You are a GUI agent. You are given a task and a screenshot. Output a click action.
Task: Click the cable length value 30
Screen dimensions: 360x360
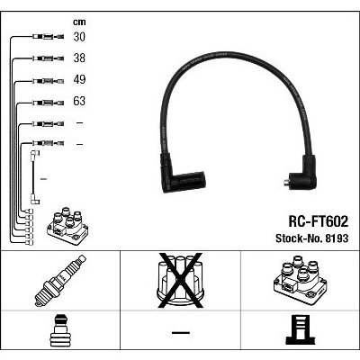coord(79,37)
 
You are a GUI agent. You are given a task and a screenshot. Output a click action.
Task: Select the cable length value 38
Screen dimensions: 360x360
coord(79,58)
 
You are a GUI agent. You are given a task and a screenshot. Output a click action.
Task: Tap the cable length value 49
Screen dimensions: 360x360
coord(79,79)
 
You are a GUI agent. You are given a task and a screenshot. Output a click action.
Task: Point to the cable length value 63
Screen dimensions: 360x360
coord(79,101)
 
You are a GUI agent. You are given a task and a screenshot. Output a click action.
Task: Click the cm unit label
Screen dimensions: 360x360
coord(79,22)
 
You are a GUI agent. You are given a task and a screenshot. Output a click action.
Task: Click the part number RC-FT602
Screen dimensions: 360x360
coord(319,222)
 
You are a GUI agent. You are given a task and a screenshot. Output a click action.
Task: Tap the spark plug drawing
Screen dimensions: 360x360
coord(60,281)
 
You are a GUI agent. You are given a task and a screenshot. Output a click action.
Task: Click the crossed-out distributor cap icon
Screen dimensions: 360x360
coord(180,281)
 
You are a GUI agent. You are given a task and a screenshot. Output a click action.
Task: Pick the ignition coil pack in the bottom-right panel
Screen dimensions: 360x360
coord(300,281)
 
